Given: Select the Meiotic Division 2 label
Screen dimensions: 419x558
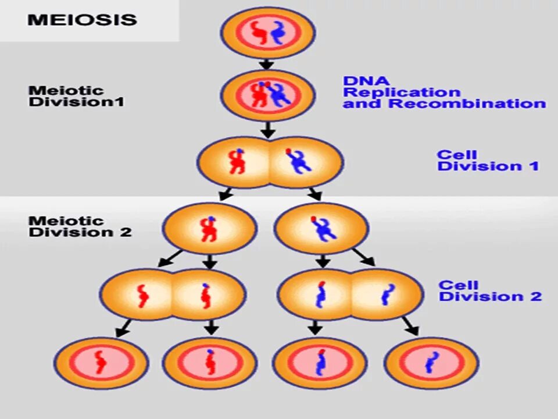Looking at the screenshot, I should (80, 226).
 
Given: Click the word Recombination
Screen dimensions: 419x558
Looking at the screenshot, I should (467, 104).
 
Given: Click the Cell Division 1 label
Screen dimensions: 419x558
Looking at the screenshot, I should (488, 161).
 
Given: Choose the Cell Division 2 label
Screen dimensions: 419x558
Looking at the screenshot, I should (489, 291).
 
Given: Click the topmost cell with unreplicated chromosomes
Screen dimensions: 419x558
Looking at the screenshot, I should (267, 33).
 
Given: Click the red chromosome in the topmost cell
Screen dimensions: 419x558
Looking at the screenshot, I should (257, 32).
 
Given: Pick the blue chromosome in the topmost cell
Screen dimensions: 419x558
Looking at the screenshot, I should (278, 33).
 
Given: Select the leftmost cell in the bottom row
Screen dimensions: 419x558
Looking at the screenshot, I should (101, 363).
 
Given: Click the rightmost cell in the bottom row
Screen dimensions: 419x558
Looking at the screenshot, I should (431, 363).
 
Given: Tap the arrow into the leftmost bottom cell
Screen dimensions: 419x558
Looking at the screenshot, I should (123, 329).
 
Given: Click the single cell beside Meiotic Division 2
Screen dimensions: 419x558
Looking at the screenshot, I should (209, 228).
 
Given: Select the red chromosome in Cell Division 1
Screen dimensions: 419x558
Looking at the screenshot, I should (237, 162).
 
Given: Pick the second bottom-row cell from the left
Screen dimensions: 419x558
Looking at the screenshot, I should (209, 363).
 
